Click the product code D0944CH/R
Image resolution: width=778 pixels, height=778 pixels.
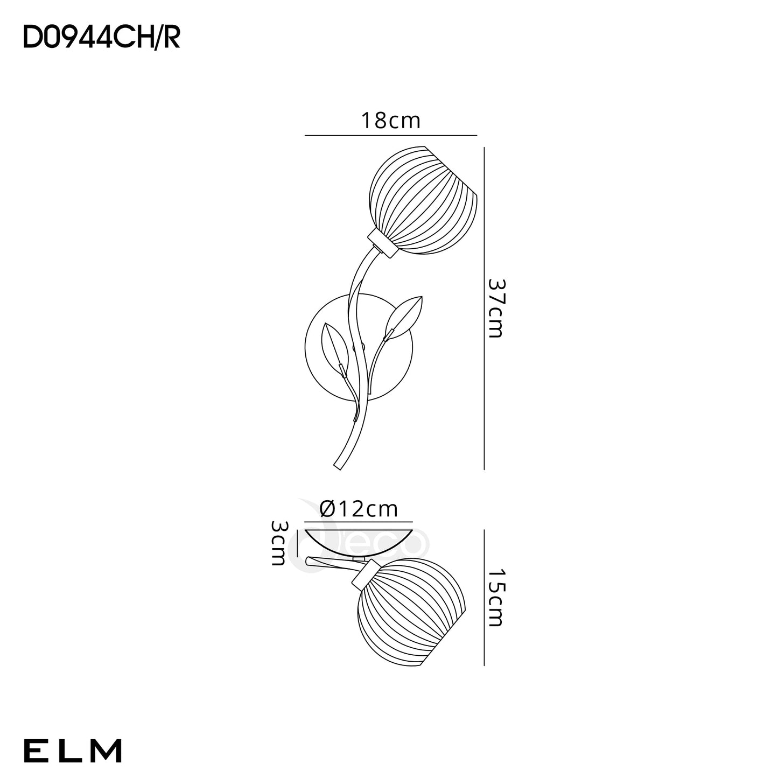pyautogui.click(x=101, y=38)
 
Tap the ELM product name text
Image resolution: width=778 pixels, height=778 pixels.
pyautogui.click(x=73, y=751)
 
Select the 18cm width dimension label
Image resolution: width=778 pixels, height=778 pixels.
pyautogui.click(x=391, y=121)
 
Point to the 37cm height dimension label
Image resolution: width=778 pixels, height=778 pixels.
pyautogui.click(x=496, y=308)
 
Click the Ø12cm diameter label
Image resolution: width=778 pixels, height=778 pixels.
pyautogui.click(x=359, y=509)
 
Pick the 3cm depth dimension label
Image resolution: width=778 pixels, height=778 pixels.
pyautogui.click(x=278, y=543)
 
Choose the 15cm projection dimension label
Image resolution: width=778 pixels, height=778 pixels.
pyautogui.click(x=496, y=598)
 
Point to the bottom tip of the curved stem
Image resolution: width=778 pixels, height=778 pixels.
pyautogui.click(x=337, y=468)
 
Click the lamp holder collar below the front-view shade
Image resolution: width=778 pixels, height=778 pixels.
pyautogui.click(x=381, y=243)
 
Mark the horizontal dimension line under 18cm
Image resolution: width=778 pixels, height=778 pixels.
pyautogui.click(x=391, y=135)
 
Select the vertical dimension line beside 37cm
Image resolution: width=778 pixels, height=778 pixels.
pyautogui.click(x=484, y=308)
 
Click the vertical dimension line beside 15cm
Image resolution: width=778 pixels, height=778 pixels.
pyautogui.click(x=484, y=598)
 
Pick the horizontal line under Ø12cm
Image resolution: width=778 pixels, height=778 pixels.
pyautogui.click(x=359, y=522)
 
